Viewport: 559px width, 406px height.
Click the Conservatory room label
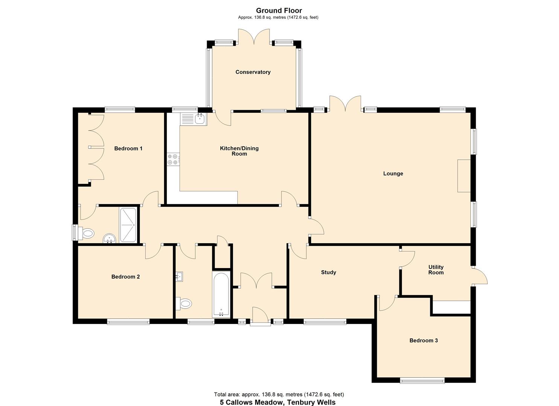253,72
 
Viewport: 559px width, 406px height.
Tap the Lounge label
393,174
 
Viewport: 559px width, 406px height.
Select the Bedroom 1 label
128,148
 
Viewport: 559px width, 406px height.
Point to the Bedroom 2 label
125,277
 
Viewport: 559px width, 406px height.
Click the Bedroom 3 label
423,341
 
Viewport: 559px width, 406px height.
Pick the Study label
328,273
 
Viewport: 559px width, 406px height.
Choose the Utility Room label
436,270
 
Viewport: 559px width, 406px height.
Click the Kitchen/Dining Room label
239,151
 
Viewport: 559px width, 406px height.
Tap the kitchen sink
193,119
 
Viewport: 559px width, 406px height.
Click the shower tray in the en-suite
128,225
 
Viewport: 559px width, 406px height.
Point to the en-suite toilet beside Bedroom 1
86,233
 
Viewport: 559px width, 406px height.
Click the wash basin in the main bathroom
180,277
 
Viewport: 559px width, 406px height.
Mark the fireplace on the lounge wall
464,176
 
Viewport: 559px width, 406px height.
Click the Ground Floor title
279,11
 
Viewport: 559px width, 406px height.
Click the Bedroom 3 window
422,381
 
